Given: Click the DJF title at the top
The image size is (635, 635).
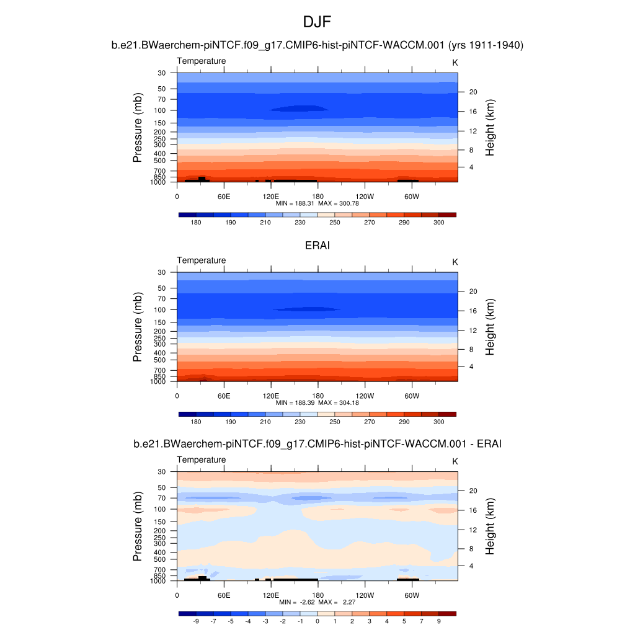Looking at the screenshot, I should click(317, 23).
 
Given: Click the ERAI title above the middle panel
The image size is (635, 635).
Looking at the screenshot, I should click(317, 246).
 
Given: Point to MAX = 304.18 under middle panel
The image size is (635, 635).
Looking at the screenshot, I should click(339, 402).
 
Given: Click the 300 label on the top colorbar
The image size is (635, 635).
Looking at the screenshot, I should click(438, 222).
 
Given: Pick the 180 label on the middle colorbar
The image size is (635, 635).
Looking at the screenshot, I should click(196, 422).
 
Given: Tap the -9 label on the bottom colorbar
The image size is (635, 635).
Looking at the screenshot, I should click(196, 621).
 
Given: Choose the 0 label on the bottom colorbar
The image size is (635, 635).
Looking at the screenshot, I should click(317, 621).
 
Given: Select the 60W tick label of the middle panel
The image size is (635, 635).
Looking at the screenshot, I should click(412, 396).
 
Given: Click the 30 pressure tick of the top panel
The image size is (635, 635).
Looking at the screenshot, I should click(162, 73).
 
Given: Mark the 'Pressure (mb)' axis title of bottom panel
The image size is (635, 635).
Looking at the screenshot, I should click(138, 527).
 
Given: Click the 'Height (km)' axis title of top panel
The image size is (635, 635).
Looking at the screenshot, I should click(490, 128).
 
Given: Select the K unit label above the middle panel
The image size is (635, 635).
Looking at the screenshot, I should click(455, 262).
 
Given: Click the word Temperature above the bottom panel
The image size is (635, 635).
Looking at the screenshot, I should click(202, 460).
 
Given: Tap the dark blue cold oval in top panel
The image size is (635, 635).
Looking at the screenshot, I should click(299, 109).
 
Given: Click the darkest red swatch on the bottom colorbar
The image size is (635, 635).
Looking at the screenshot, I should click(447, 613).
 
